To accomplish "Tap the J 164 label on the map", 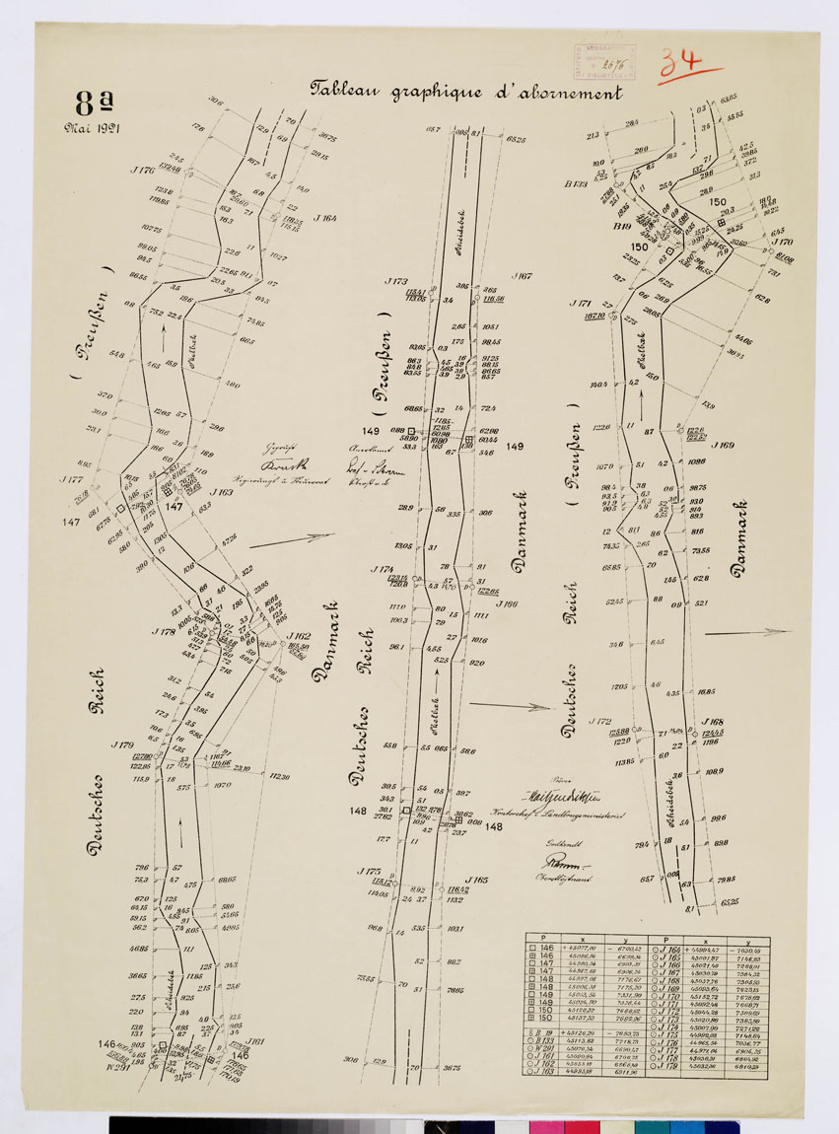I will click(325, 218).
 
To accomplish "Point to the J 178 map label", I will click(164, 631).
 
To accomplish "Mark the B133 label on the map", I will click(576, 183).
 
